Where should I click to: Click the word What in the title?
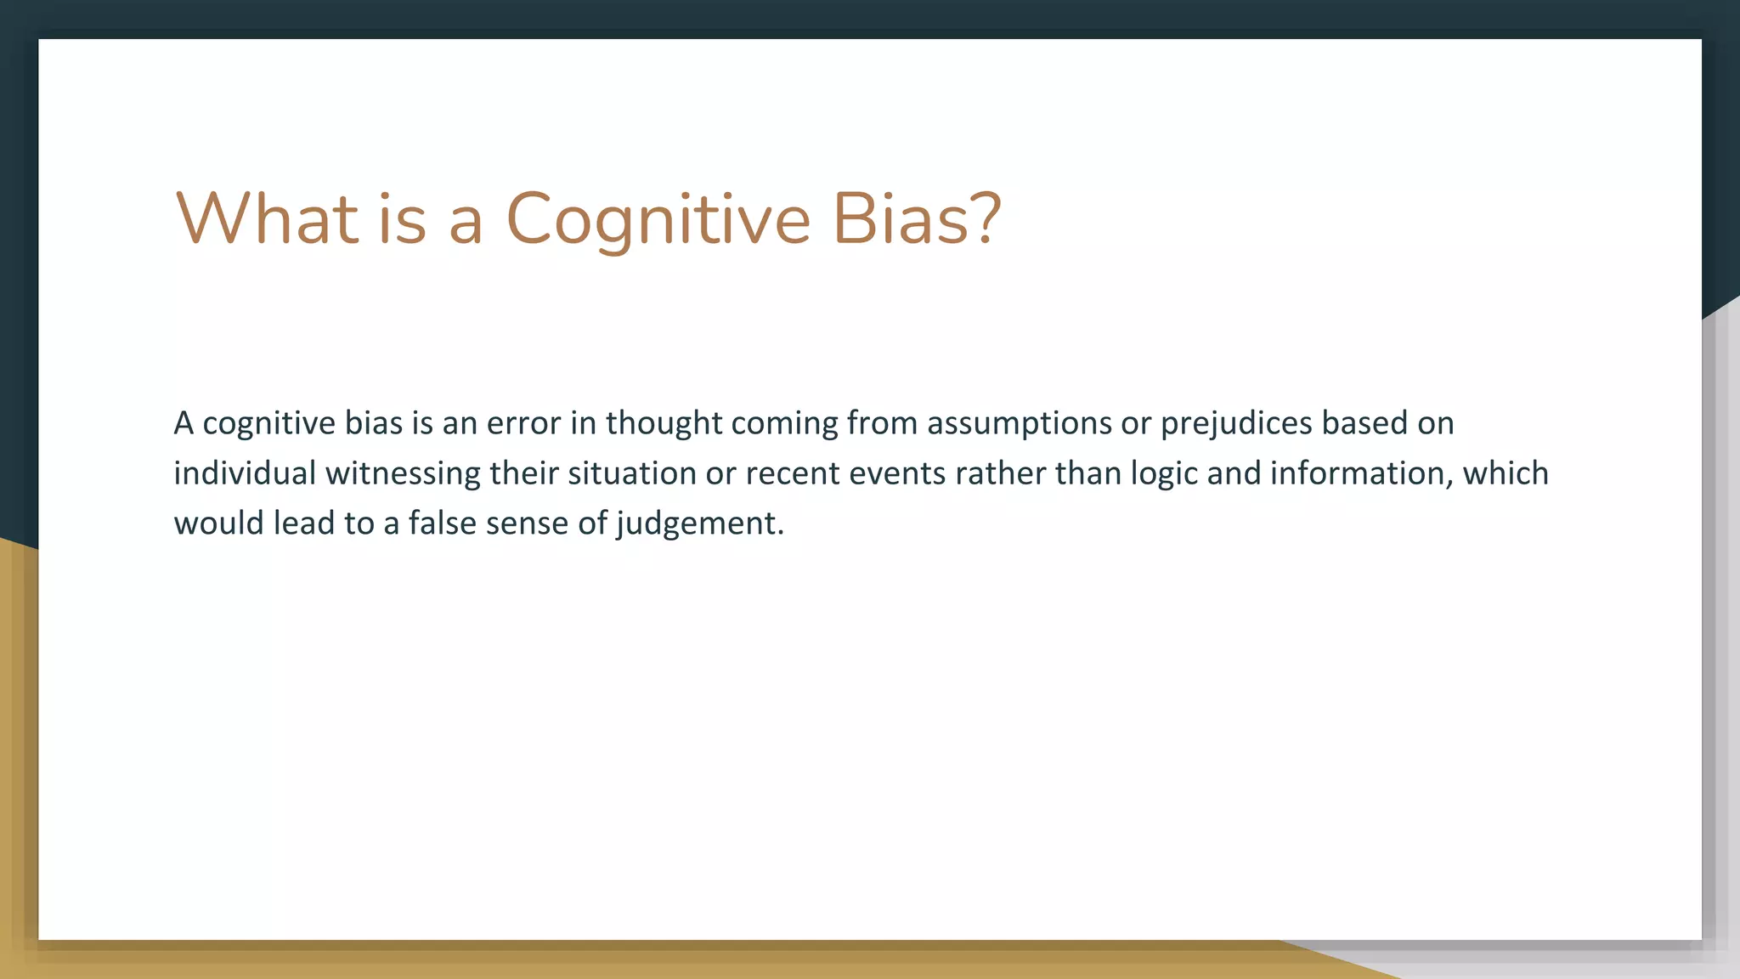[267, 218]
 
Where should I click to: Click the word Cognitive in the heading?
[658, 218]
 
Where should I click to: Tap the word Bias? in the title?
[917, 218]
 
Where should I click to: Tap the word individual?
[245, 473]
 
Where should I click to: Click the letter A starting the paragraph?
[184, 423]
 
